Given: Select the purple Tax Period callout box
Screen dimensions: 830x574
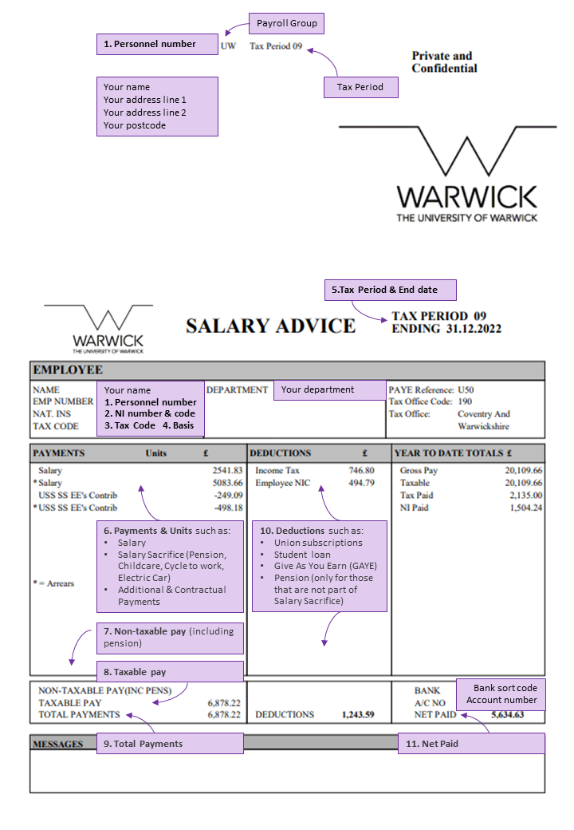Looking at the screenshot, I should (360, 87).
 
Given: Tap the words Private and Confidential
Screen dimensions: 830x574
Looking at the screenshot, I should (444, 62).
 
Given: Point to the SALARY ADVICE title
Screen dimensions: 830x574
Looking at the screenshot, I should (270, 326).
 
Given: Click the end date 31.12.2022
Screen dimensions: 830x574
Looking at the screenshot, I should (473, 329).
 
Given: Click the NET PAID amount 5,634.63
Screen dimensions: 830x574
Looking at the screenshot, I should (507, 715).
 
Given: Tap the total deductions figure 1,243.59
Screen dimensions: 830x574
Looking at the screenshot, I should (358, 715).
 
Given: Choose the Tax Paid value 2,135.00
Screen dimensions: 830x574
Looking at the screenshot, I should (525, 496).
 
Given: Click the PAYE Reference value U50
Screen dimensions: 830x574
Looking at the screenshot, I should (466, 390).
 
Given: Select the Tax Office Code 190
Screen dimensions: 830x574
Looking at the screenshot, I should (465, 402).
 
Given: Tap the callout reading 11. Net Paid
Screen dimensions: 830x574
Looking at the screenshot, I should (471, 744).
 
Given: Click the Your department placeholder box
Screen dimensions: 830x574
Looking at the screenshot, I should (329, 390).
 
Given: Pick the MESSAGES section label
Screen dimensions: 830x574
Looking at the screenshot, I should (57, 744).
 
